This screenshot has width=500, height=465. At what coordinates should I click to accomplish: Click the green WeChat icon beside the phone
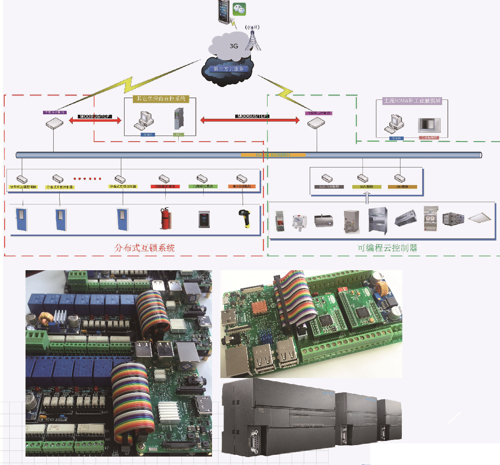pos(239,9)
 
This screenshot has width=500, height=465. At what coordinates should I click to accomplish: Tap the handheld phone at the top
pos(224,10)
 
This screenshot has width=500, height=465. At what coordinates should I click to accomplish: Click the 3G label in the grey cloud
pos(234,46)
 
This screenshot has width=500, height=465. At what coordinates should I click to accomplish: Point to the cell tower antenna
pos(252,38)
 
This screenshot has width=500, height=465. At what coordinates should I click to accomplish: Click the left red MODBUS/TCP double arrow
pos(94,121)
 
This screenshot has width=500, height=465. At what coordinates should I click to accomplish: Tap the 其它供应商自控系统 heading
pos(161,99)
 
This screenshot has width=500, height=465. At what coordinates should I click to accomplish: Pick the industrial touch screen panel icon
pos(428,125)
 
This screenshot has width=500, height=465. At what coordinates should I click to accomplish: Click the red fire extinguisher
pos(164,217)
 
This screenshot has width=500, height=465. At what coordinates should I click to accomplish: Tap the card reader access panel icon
pos(204,218)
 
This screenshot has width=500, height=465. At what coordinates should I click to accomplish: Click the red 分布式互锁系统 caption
pos(144,248)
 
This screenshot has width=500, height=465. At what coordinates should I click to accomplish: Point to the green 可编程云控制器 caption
pos(387,248)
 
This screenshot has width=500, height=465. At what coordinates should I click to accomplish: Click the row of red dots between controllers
pos(87,178)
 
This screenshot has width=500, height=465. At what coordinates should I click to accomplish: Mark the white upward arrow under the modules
pos(367,197)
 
